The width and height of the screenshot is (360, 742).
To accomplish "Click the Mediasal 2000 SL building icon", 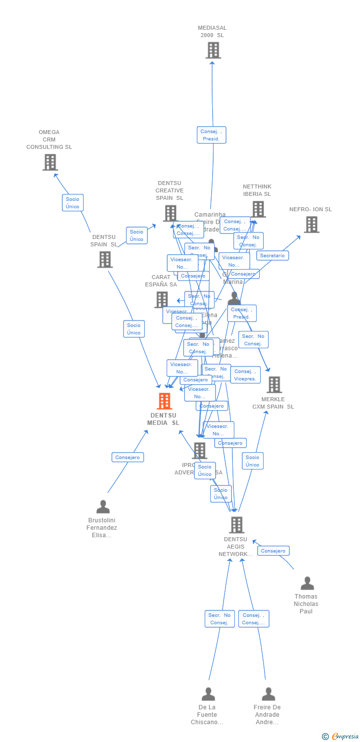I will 213,50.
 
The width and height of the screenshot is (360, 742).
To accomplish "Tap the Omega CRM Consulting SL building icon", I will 50,162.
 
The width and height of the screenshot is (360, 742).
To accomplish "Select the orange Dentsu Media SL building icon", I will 165,401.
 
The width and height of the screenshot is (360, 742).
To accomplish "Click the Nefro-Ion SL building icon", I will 312,225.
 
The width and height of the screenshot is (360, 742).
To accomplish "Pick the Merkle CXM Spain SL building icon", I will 274,385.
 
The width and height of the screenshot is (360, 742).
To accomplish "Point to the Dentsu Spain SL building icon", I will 105,260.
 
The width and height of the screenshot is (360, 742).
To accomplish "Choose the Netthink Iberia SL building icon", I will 258,209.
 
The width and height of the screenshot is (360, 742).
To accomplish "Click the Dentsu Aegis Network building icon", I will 237,525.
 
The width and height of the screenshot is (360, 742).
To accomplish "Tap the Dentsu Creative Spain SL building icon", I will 170,214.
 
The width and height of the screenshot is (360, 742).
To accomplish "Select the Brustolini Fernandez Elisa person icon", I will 103,507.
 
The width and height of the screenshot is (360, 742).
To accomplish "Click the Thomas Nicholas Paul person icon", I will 307,584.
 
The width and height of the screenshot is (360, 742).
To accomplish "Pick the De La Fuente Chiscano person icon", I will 208,695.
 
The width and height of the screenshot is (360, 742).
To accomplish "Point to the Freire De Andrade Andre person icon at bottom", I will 269,695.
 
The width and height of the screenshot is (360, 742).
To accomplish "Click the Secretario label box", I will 272,256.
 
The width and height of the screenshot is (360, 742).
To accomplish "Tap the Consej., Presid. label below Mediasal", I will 212,135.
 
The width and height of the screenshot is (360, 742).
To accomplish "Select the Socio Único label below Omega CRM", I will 73,203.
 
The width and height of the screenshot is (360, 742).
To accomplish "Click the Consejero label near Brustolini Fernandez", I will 128,458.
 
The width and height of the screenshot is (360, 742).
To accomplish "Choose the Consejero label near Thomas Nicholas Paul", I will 273,551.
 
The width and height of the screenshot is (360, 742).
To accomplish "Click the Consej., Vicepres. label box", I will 245,375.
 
